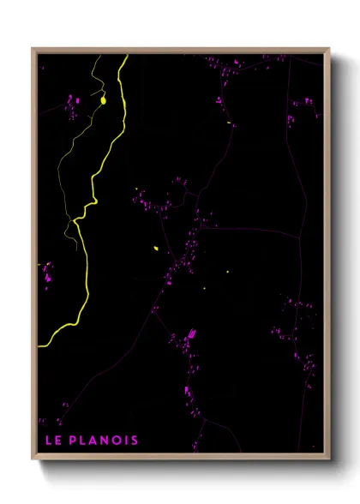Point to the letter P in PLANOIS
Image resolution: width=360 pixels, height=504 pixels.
point(75,441)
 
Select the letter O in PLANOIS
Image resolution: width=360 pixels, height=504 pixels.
point(115,441)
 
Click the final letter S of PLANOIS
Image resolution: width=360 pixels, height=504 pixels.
point(134,441)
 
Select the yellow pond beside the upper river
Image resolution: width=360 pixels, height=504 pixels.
point(103,100)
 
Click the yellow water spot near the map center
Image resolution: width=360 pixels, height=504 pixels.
point(156,249)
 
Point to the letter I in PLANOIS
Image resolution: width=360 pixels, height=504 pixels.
point(125,441)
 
